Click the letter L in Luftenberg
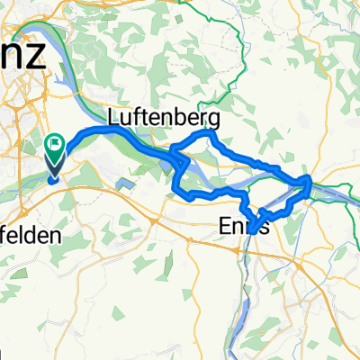[x=113, y=117]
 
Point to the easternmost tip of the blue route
[x=311, y=184]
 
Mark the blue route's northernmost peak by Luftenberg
[x=209, y=130]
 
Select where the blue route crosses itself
[x=180, y=164]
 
